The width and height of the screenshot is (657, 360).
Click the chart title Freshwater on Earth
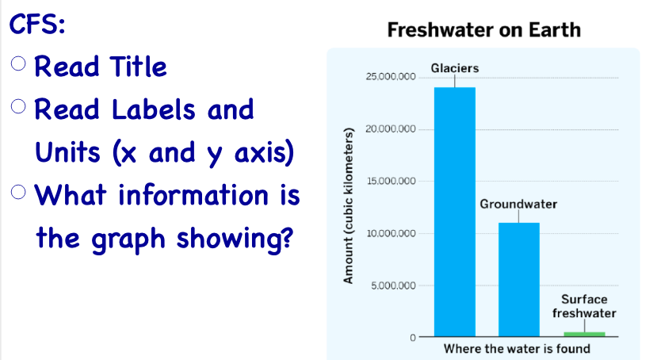click(x=484, y=30)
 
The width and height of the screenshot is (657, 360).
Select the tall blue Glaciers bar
click(x=455, y=212)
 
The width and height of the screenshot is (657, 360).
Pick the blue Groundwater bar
click(x=519, y=280)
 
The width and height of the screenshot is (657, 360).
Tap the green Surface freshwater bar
click(x=585, y=335)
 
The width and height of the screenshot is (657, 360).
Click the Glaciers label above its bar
click(x=455, y=68)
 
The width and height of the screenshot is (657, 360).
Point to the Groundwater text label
click(x=518, y=204)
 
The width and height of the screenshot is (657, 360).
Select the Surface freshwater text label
click(x=584, y=306)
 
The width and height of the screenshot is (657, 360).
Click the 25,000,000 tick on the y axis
click(x=391, y=77)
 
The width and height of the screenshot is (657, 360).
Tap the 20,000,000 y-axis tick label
click(x=391, y=129)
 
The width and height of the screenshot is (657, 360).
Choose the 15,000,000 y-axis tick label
click(x=392, y=181)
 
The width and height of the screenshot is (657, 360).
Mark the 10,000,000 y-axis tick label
click(x=392, y=233)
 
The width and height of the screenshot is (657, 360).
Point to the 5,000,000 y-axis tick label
click(x=393, y=285)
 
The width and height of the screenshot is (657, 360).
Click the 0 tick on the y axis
click(x=413, y=338)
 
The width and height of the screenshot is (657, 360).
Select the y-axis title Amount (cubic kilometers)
click(x=348, y=206)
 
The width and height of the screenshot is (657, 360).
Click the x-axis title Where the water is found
click(x=517, y=349)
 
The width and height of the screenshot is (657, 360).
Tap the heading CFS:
click(x=37, y=24)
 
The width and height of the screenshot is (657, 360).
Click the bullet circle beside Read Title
click(x=18, y=63)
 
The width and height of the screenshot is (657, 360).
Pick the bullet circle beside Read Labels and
click(x=18, y=106)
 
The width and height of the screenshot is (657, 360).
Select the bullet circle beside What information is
click(x=18, y=193)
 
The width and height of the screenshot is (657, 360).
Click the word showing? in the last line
click(x=235, y=239)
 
